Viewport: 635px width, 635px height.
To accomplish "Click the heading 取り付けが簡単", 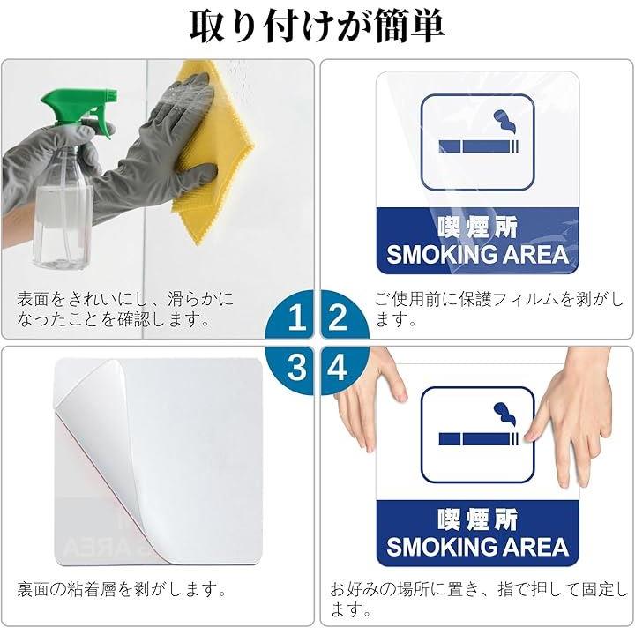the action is pyautogui.click(x=317, y=26).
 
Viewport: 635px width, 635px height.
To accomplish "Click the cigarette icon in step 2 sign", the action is pyautogui.click(x=479, y=146).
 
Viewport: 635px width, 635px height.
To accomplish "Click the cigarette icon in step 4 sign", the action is pyautogui.click(x=479, y=439).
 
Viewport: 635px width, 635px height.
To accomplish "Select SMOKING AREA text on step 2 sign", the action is pyautogui.click(x=478, y=254).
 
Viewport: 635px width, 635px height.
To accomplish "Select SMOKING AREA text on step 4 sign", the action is pyautogui.click(x=478, y=546).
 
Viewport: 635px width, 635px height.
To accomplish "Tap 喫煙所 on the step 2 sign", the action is pyautogui.click(x=478, y=228).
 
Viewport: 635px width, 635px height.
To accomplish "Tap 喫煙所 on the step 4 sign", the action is pyautogui.click(x=478, y=519).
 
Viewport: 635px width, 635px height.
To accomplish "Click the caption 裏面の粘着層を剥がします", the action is pyautogui.click(x=122, y=589).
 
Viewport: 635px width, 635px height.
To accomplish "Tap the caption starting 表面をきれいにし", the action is pyautogui.click(x=125, y=309).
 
